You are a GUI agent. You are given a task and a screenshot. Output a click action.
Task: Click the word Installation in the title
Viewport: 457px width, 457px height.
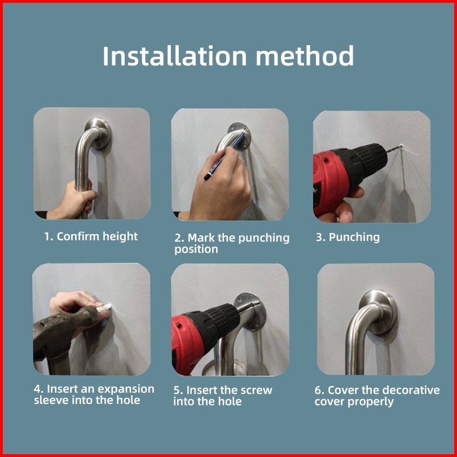pos(174,56)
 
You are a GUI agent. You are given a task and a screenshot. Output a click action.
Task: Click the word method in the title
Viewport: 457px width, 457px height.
pos(305,56)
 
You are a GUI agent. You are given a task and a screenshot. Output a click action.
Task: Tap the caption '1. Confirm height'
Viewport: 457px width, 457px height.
pos(91,236)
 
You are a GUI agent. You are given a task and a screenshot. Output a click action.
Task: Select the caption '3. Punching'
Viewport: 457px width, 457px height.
pos(348,237)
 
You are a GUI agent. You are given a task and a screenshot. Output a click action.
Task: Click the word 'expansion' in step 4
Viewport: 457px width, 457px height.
pos(126,389)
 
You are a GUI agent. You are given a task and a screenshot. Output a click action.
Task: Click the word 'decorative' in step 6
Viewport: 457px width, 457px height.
pos(411,390)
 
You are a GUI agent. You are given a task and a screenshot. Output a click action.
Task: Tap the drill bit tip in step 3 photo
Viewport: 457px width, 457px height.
pos(401,146)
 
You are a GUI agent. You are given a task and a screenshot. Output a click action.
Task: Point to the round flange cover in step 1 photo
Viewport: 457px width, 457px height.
pos(99,134)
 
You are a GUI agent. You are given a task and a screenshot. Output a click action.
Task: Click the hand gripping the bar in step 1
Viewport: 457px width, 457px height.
pos(73,200)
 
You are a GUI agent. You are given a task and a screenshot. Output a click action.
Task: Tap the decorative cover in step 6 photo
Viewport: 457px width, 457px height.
pos(379,312)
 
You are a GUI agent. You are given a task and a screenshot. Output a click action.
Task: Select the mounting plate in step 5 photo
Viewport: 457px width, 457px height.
pos(251,311)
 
